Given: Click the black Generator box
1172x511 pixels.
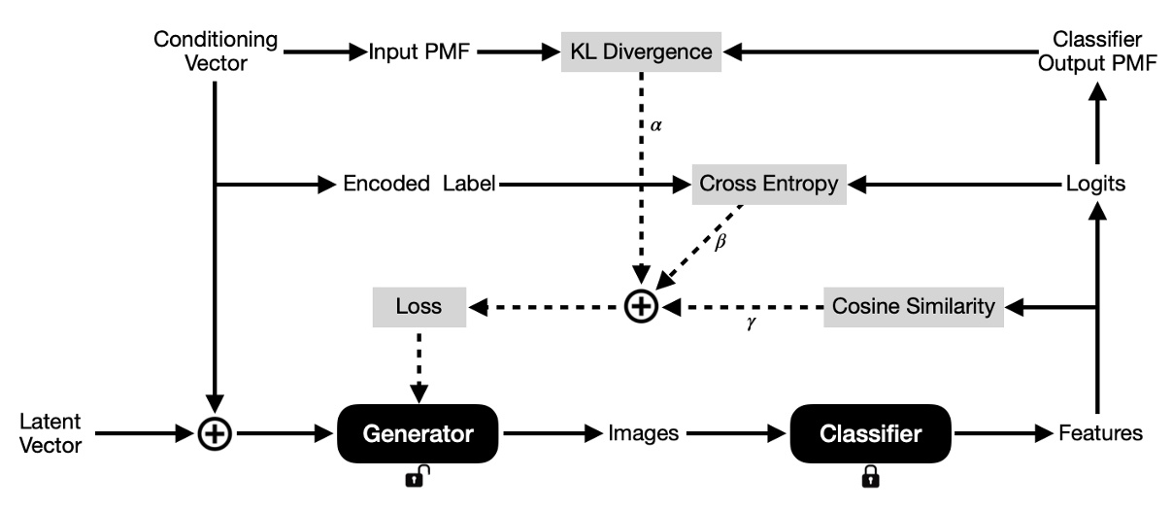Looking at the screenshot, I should pos(418,434).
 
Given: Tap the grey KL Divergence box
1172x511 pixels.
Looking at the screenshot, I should pos(642,51).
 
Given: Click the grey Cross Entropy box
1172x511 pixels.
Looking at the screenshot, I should pos(769,184).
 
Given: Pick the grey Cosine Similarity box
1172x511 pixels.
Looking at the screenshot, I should pos(914,307).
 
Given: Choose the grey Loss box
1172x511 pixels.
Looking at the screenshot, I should pos(419,307).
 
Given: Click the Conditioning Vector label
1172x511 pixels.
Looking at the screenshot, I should pos(216,51).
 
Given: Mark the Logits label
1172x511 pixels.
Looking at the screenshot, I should pos(1095,184).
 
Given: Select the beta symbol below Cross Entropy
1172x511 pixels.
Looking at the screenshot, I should pos(720,243).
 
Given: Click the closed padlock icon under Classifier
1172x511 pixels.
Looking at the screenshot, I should pos(871,476).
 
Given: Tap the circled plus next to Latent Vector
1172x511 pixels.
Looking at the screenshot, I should pos(215,434).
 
